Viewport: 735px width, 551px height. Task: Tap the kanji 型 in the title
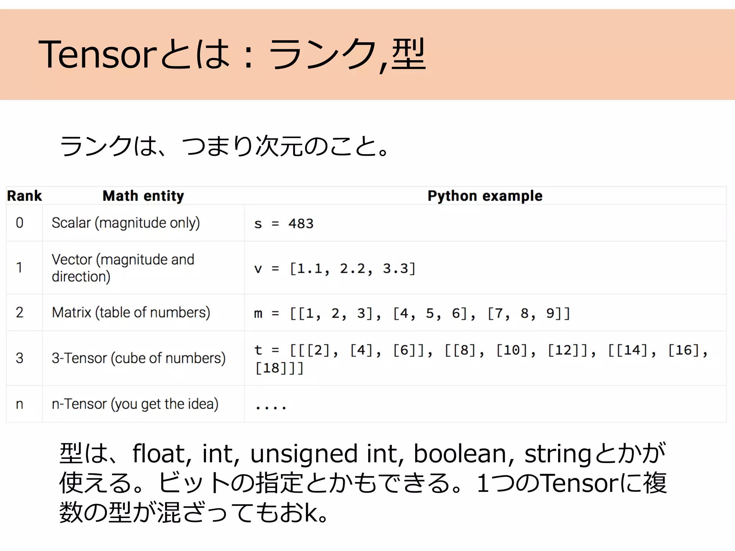(x=408, y=55)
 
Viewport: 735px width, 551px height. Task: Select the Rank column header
(x=24, y=196)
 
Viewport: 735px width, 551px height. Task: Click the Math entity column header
(x=143, y=196)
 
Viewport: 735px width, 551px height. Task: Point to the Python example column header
(x=485, y=196)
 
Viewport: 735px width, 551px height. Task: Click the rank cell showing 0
(x=20, y=223)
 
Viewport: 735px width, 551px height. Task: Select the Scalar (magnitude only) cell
(x=126, y=223)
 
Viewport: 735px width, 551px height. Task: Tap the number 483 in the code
(x=301, y=224)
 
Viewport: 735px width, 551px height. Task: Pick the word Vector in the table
(x=72, y=259)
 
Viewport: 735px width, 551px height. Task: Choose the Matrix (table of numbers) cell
(x=131, y=312)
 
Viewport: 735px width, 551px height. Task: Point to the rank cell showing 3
(x=20, y=358)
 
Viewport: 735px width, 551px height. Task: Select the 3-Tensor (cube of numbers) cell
(x=139, y=358)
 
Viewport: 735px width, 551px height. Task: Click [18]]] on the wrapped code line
(x=279, y=368)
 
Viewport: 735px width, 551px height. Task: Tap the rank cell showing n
(x=20, y=404)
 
